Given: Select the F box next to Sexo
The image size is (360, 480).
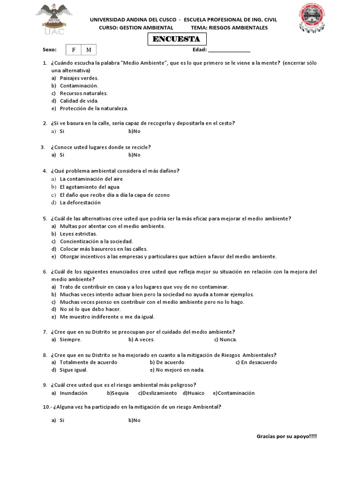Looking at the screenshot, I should click(74, 50).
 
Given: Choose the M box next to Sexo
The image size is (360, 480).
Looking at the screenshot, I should click(89, 50).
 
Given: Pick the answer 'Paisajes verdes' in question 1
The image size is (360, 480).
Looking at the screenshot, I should click(79, 78).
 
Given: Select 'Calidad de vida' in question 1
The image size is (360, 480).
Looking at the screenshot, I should click(79, 101).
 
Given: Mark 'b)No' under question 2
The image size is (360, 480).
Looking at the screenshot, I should click(134, 131).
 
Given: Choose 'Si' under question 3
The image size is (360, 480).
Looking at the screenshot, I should click(61, 155).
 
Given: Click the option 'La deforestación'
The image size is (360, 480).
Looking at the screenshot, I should click(80, 202).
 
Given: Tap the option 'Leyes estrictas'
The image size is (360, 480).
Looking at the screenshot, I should click(78, 233).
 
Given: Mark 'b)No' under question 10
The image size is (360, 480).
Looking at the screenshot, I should click(134, 420).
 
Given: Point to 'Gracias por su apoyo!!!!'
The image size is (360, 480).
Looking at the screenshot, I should click(286, 436).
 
